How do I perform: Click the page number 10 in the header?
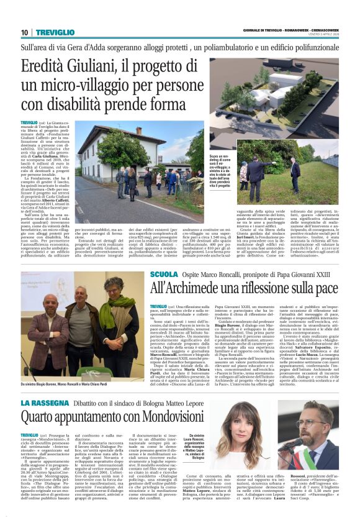25,33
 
